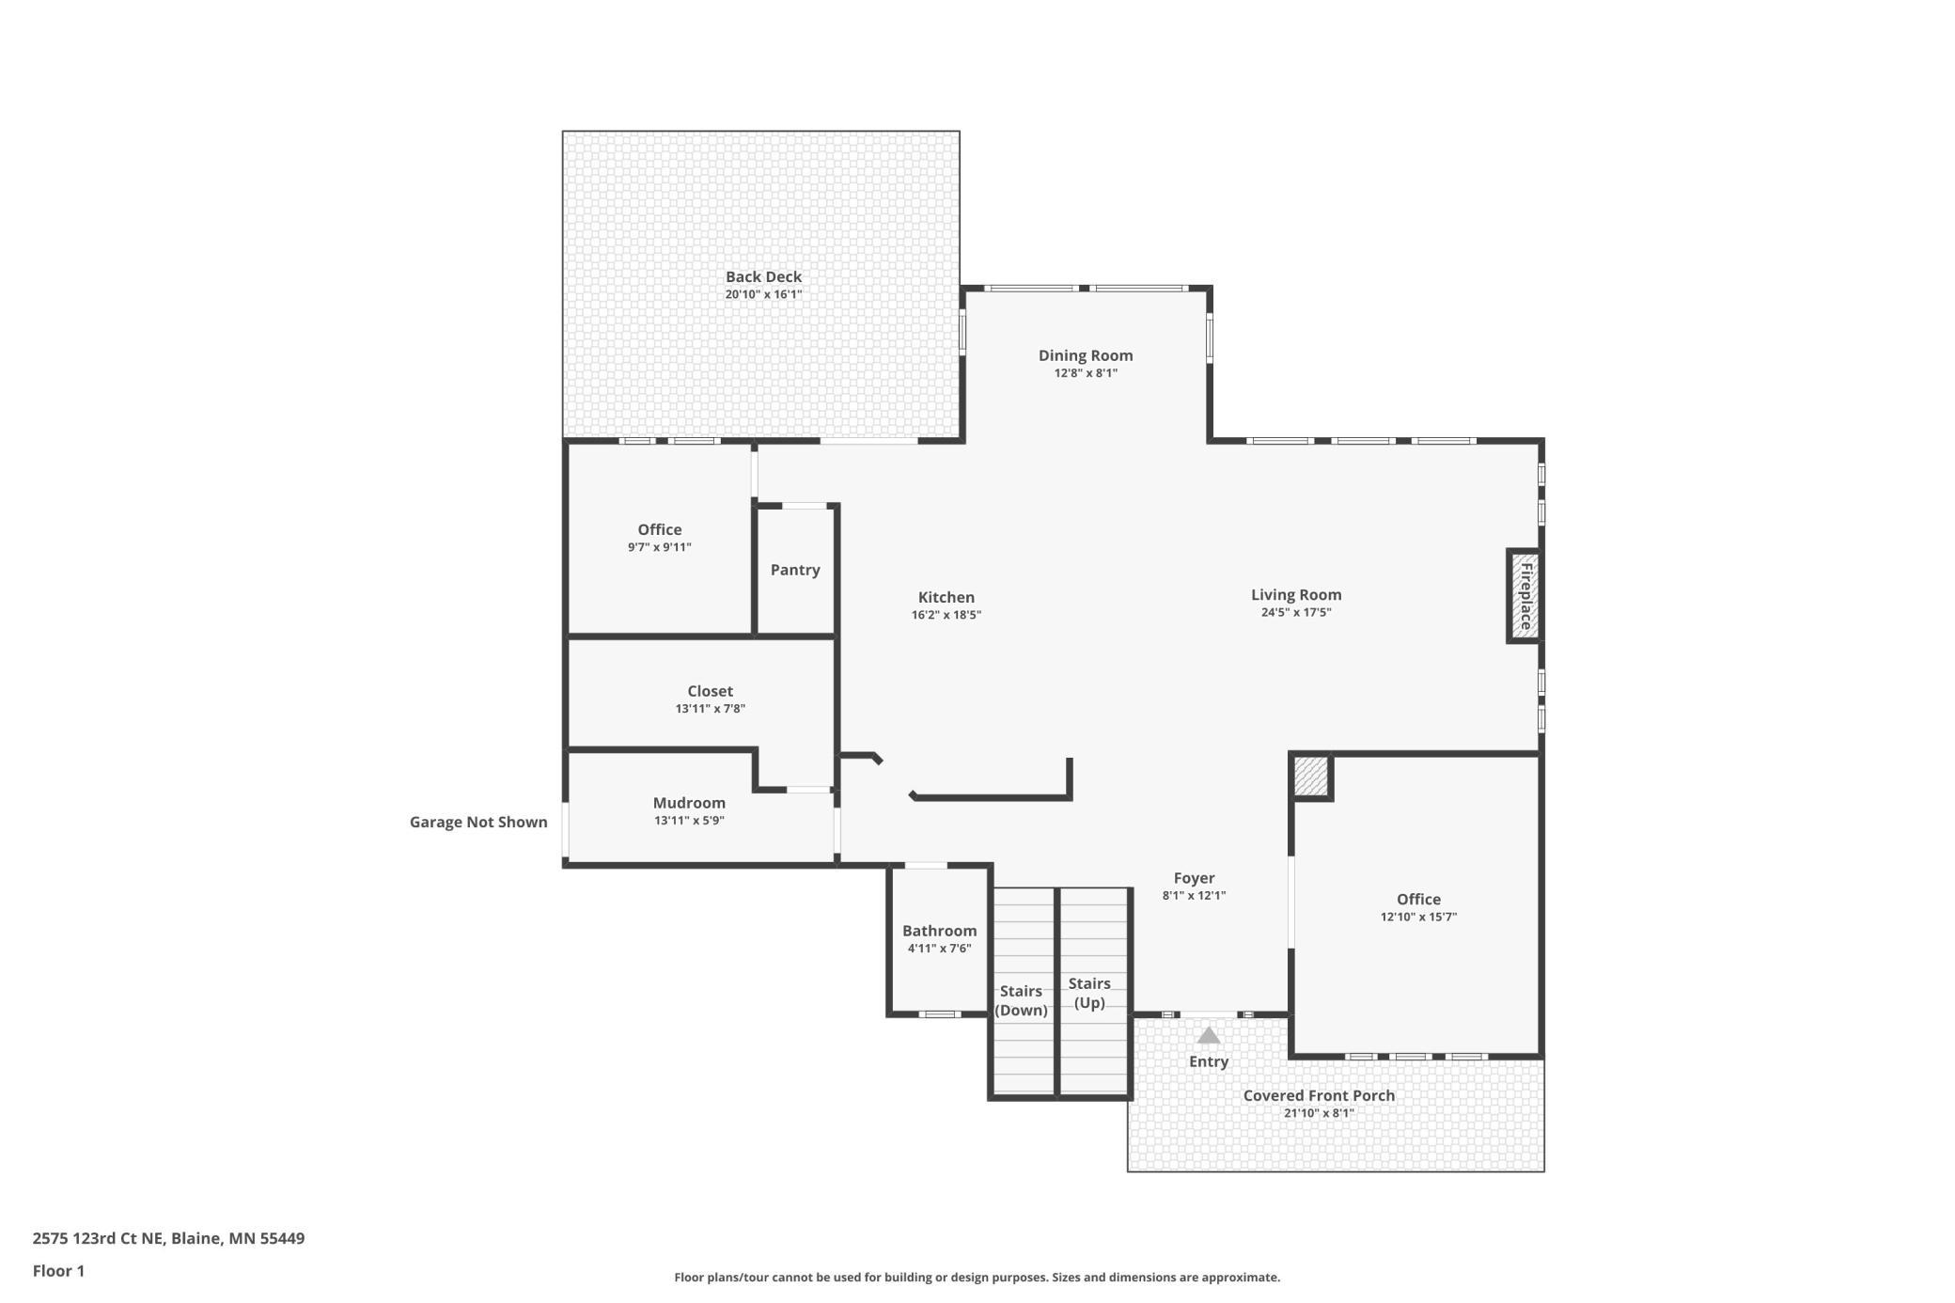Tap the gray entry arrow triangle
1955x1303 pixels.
pos(1209,1035)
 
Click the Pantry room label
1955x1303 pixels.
pos(795,570)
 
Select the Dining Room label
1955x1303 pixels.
pos(1086,355)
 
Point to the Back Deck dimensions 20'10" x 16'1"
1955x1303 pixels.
pos(763,294)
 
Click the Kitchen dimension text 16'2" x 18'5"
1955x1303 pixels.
pos(946,615)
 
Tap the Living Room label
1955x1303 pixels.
pos(1296,594)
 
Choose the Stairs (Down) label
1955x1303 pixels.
pos(1021,1000)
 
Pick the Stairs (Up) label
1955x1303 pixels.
pos(1089,993)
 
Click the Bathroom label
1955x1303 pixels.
pos(940,931)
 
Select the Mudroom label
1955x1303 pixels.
pos(689,803)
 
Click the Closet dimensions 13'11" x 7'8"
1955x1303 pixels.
pos(710,709)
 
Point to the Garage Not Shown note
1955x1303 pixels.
pos(478,822)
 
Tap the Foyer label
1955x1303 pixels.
pos(1194,878)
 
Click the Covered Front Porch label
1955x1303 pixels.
pos(1319,1095)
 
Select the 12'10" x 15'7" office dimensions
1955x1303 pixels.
pos(1418,917)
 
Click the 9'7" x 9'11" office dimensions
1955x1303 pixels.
pos(660,547)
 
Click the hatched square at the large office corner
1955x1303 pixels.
pos(1310,777)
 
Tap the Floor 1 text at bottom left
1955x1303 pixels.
pos(58,1271)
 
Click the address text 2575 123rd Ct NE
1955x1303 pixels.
pos(98,1238)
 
